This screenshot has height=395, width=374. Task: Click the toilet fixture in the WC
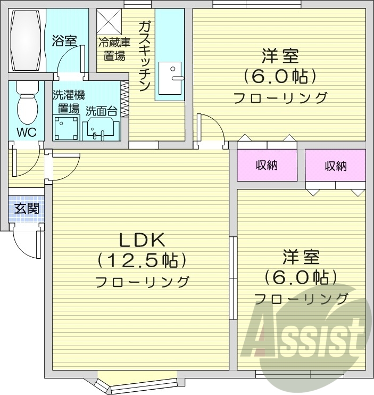pyautogui.click(x=27, y=104)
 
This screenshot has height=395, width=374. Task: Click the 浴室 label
pyautogui.click(x=64, y=40)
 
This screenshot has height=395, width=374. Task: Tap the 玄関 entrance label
pyautogui.click(x=26, y=208)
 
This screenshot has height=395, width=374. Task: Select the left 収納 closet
pyautogui.click(x=267, y=166)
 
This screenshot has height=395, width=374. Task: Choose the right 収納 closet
pyautogui.click(x=335, y=166)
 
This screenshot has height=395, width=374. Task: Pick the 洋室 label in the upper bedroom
pyautogui.click(x=280, y=56)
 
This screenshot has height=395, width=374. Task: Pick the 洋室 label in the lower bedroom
pyautogui.click(x=301, y=257)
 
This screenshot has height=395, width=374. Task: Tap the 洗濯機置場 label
pyautogui.click(x=68, y=102)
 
